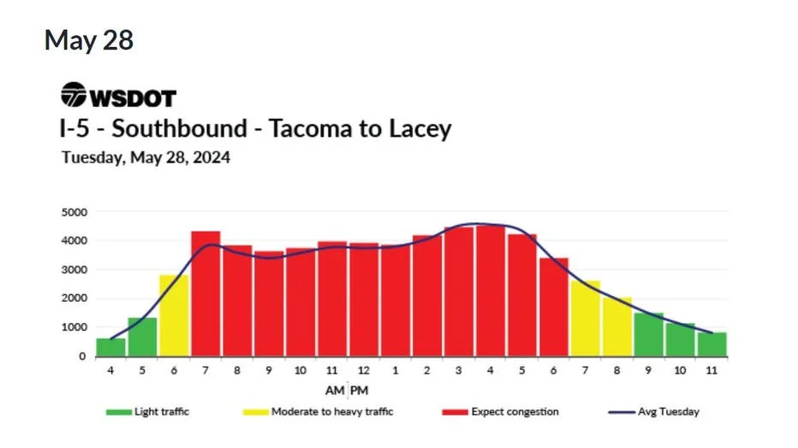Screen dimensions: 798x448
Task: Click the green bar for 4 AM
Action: click(x=110, y=347)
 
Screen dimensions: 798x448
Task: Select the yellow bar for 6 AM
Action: click(x=174, y=315)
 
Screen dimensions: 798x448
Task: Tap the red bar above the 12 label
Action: click(x=363, y=300)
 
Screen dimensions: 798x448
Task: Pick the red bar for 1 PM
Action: click(x=396, y=301)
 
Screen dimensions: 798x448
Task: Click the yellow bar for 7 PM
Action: click(x=586, y=319)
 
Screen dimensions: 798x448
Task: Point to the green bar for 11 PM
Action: click(x=712, y=345)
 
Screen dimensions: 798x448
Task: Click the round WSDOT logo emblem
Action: click(x=74, y=95)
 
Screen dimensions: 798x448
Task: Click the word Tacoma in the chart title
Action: click(x=311, y=128)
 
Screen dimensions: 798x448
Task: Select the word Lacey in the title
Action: click(x=420, y=129)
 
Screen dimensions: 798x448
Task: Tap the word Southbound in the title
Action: click(x=179, y=128)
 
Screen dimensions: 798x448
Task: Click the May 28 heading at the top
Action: click(x=89, y=40)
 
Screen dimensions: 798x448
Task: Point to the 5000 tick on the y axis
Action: click(x=74, y=212)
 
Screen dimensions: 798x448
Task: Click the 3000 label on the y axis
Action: click(x=74, y=269)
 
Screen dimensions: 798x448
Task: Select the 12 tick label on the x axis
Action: click(x=363, y=370)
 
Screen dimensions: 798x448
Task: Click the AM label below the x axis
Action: click(x=335, y=391)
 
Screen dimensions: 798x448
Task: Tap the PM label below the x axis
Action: click(x=360, y=391)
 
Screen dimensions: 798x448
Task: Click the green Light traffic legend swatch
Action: click(x=118, y=412)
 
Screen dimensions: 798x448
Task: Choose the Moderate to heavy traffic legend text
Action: click(x=332, y=411)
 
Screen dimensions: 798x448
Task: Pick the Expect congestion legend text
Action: click(x=515, y=412)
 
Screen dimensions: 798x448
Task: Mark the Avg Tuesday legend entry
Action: click(x=653, y=412)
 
